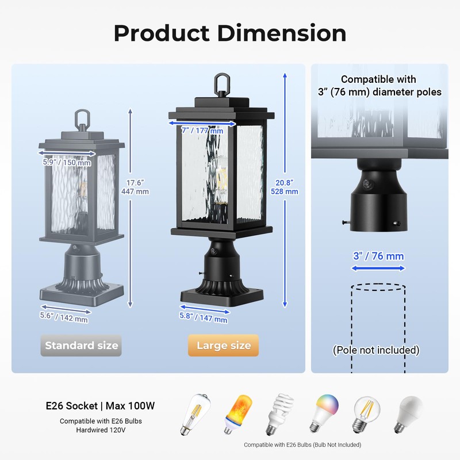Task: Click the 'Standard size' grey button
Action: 81,346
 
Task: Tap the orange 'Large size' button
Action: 224,346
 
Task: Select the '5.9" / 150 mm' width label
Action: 67,163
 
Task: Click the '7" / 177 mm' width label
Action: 202,131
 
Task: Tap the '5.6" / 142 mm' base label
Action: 64,316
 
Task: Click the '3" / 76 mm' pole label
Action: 378,256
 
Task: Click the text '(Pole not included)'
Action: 377,350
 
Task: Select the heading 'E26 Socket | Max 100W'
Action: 100,406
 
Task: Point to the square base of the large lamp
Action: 223,298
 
